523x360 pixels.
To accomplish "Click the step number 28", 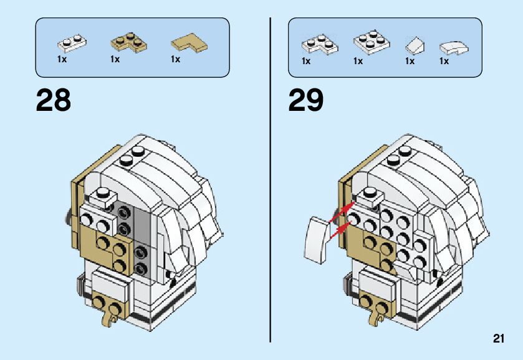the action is pyautogui.click(x=54, y=100).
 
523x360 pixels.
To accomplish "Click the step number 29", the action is pyautogui.click(x=306, y=100).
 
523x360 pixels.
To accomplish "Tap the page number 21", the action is pyautogui.click(x=498, y=339).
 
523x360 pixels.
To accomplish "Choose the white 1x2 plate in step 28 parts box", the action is pyautogui.click(x=72, y=43).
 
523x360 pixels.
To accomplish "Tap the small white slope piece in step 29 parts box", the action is pyautogui.click(x=415, y=45).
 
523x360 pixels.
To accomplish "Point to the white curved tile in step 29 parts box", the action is pyautogui.click(x=454, y=47).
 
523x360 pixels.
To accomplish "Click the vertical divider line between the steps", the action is pyautogui.click(x=271, y=181).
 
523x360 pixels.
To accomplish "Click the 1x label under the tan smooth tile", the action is pyautogui.click(x=176, y=60).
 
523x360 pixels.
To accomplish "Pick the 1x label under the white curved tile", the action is pyautogui.click(x=444, y=62).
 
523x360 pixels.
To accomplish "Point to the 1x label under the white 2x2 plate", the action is pyautogui.click(x=358, y=62).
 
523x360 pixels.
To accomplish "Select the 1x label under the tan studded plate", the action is pyautogui.click(x=115, y=60).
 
